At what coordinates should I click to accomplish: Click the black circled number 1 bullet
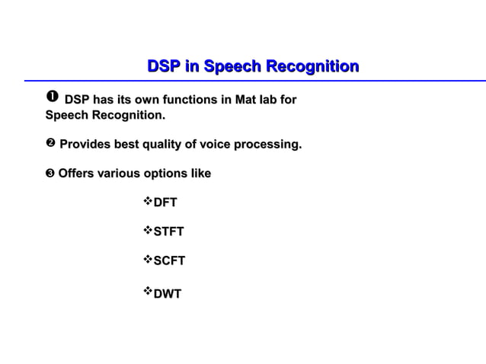coord(52,99)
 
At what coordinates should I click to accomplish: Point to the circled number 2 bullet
coord(50,144)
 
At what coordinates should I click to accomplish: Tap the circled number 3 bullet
coord(50,174)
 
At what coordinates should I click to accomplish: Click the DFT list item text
coord(165,202)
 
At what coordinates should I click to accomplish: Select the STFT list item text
coord(168,231)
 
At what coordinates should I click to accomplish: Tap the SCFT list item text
coord(169,261)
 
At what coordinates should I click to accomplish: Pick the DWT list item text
coord(168,293)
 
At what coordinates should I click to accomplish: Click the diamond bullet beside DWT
coord(149,292)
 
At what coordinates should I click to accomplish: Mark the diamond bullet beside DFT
coord(149,201)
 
